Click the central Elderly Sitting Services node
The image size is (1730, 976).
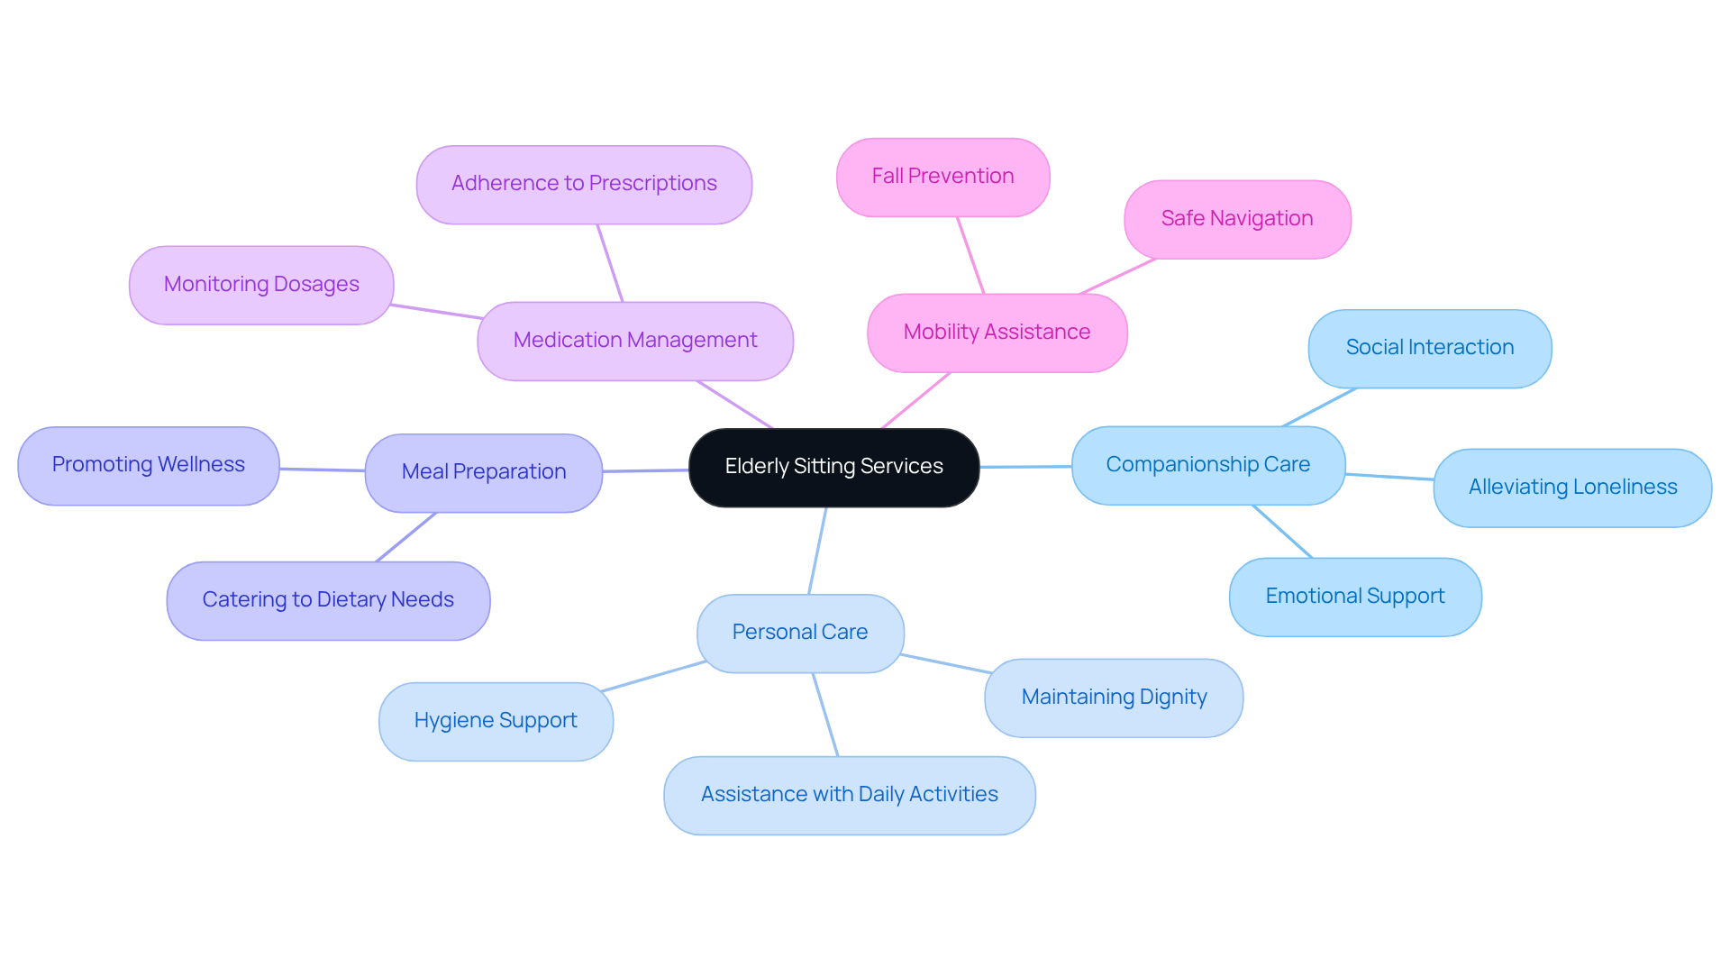pyautogui.click(x=833, y=467)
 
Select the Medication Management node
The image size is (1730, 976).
pyautogui.click(x=635, y=341)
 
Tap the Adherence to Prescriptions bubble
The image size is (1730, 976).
pyautogui.click(x=584, y=184)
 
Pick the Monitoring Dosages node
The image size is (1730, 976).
pyautogui.click(x=261, y=285)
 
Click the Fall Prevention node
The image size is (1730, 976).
pyautogui.click(x=942, y=177)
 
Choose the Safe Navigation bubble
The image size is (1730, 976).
pyautogui.click(x=1237, y=219)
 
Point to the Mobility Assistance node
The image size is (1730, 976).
pyautogui.click(x=997, y=333)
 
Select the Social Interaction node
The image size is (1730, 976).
pyautogui.click(x=1429, y=348)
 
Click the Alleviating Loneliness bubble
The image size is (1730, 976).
pyautogui.click(x=1572, y=488)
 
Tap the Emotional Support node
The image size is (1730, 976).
pyautogui.click(x=1354, y=597)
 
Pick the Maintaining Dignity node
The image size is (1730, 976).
pyautogui.click(x=1114, y=698)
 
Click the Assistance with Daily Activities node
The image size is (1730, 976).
pyautogui.click(x=849, y=795)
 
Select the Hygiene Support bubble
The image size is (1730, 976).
pyautogui.click(x=496, y=721)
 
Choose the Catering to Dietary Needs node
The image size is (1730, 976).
pyautogui.click(x=328, y=600)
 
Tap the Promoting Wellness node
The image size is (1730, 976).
pyautogui.click(x=149, y=465)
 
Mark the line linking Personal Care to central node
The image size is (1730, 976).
pyautogui.click(x=817, y=551)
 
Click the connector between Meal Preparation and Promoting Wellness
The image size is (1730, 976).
pyautogui.click(x=322, y=470)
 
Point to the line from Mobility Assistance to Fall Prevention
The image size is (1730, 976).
pyautogui.click(x=970, y=255)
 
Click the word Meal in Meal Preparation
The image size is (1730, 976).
pyautogui.click(x=424, y=472)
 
